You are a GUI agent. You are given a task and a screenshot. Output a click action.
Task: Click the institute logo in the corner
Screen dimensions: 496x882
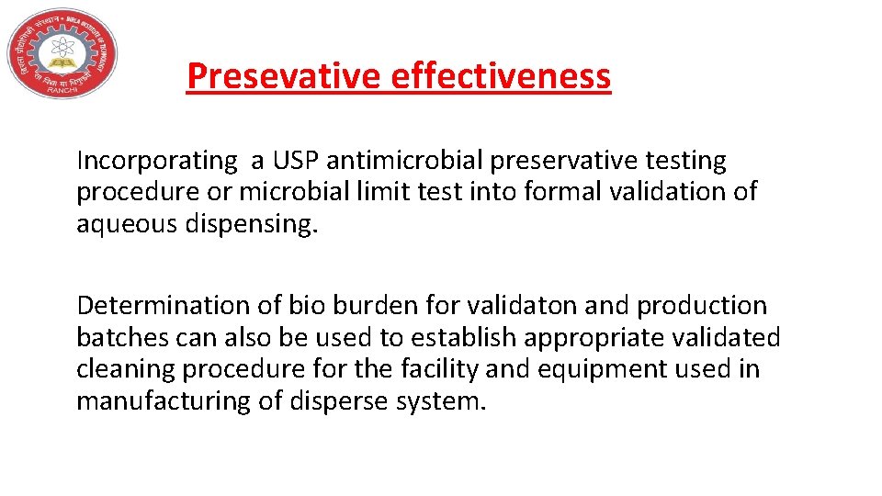(x=62, y=52)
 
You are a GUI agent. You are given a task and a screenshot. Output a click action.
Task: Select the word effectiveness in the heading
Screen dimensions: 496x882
(x=500, y=76)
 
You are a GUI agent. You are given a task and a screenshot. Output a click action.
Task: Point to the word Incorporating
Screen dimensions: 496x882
(x=157, y=161)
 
